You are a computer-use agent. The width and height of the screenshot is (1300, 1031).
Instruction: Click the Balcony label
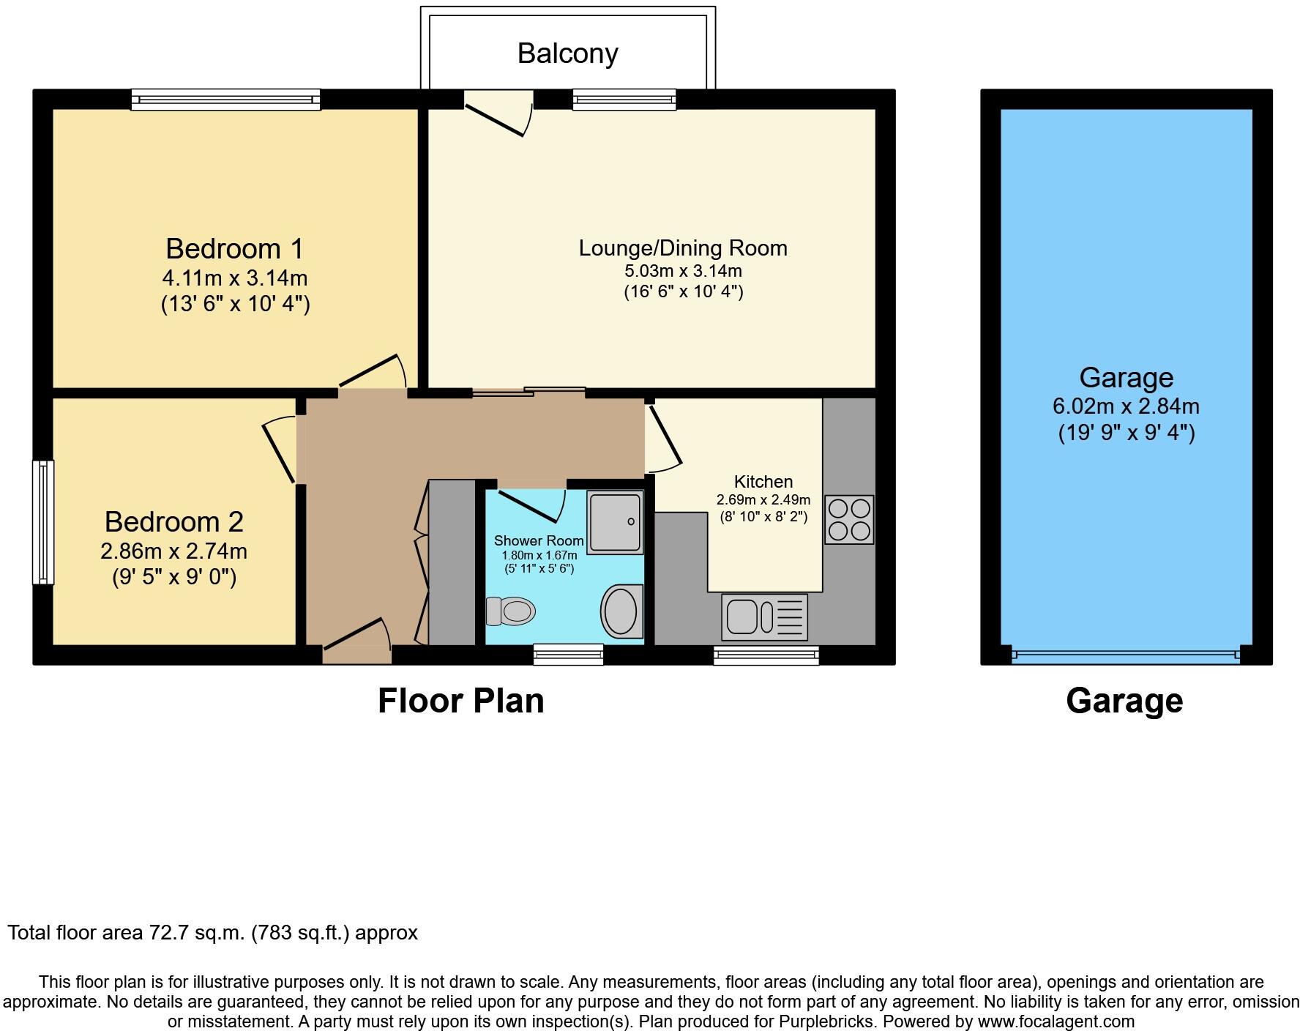tap(567, 53)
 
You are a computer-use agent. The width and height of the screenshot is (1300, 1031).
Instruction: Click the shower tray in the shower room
tap(615, 522)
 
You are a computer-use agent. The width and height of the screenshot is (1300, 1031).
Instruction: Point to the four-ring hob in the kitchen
tap(849, 519)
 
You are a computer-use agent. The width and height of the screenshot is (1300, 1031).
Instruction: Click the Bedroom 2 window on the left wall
tap(43, 521)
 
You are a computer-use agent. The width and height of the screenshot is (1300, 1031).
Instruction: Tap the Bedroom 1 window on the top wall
tap(225, 100)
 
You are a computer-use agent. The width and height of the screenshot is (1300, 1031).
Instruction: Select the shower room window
tap(569, 654)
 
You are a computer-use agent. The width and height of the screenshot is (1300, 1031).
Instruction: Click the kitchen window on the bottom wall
tap(766, 655)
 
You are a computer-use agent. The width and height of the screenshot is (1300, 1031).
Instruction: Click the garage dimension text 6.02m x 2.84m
tap(1126, 406)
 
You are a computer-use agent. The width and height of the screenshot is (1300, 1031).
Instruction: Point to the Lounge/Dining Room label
tap(683, 248)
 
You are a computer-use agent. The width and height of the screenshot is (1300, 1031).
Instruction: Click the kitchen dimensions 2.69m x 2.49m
tap(763, 500)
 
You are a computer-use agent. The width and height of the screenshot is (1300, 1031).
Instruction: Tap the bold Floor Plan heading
tap(460, 701)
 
